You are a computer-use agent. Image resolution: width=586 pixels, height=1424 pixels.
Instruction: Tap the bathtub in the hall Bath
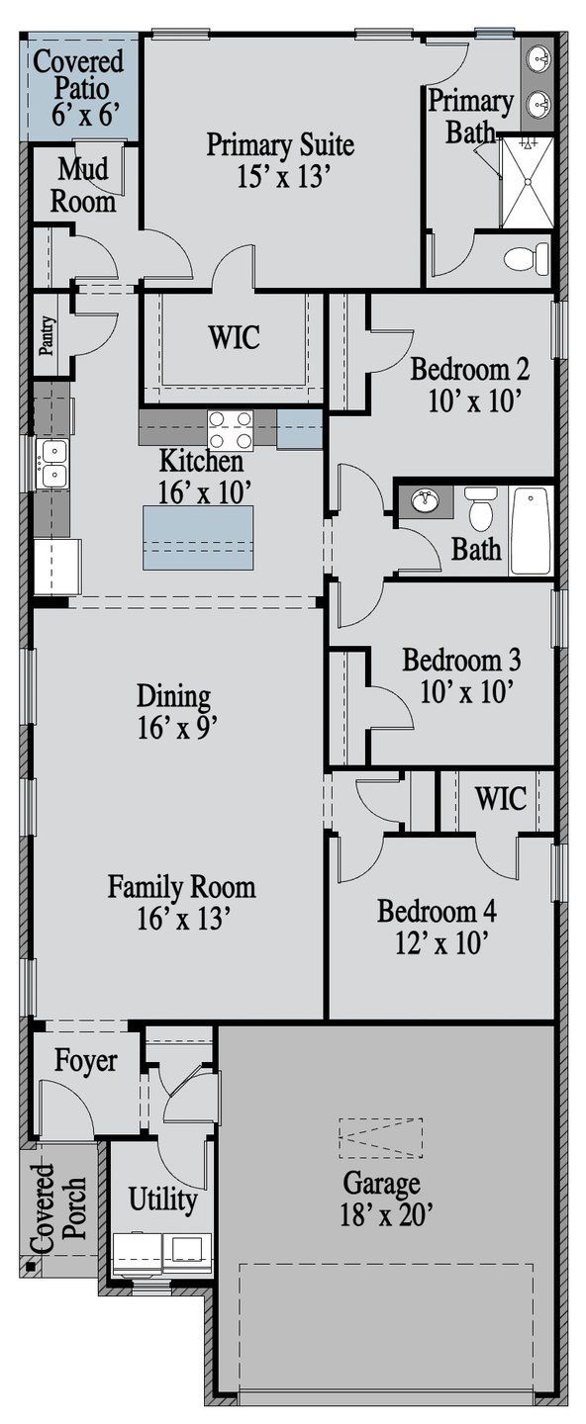pyautogui.click(x=533, y=531)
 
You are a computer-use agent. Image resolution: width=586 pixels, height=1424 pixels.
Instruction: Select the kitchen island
pyautogui.click(x=198, y=537)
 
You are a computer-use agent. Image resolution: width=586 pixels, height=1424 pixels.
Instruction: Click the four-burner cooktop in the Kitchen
pyautogui.click(x=231, y=430)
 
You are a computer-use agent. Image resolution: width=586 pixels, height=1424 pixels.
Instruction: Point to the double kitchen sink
pyautogui.click(x=50, y=463)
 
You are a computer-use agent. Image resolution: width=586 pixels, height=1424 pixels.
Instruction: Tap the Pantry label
pyautogui.click(x=47, y=335)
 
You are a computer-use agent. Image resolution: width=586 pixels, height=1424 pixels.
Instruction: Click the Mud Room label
pyautogui.click(x=83, y=186)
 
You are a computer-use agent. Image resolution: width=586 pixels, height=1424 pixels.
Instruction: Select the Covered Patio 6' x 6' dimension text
pyautogui.click(x=86, y=115)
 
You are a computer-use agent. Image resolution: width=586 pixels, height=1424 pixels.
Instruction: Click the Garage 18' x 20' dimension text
pyautogui.click(x=386, y=1214)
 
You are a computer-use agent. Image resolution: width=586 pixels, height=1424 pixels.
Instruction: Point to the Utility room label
pyautogui.click(x=163, y=1199)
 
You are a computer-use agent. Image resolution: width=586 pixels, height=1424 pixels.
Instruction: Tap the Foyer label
pyautogui.click(x=86, y=1060)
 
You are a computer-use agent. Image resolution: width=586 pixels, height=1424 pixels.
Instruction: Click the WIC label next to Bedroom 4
pyautogui.click(x=501, y=797)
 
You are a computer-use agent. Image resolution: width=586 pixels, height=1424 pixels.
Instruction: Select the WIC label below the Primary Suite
pyautogui.click(x=235, y=336)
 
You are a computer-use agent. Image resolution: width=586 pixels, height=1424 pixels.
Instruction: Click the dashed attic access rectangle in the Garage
pyautogui.click(x=380, y=1138)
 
